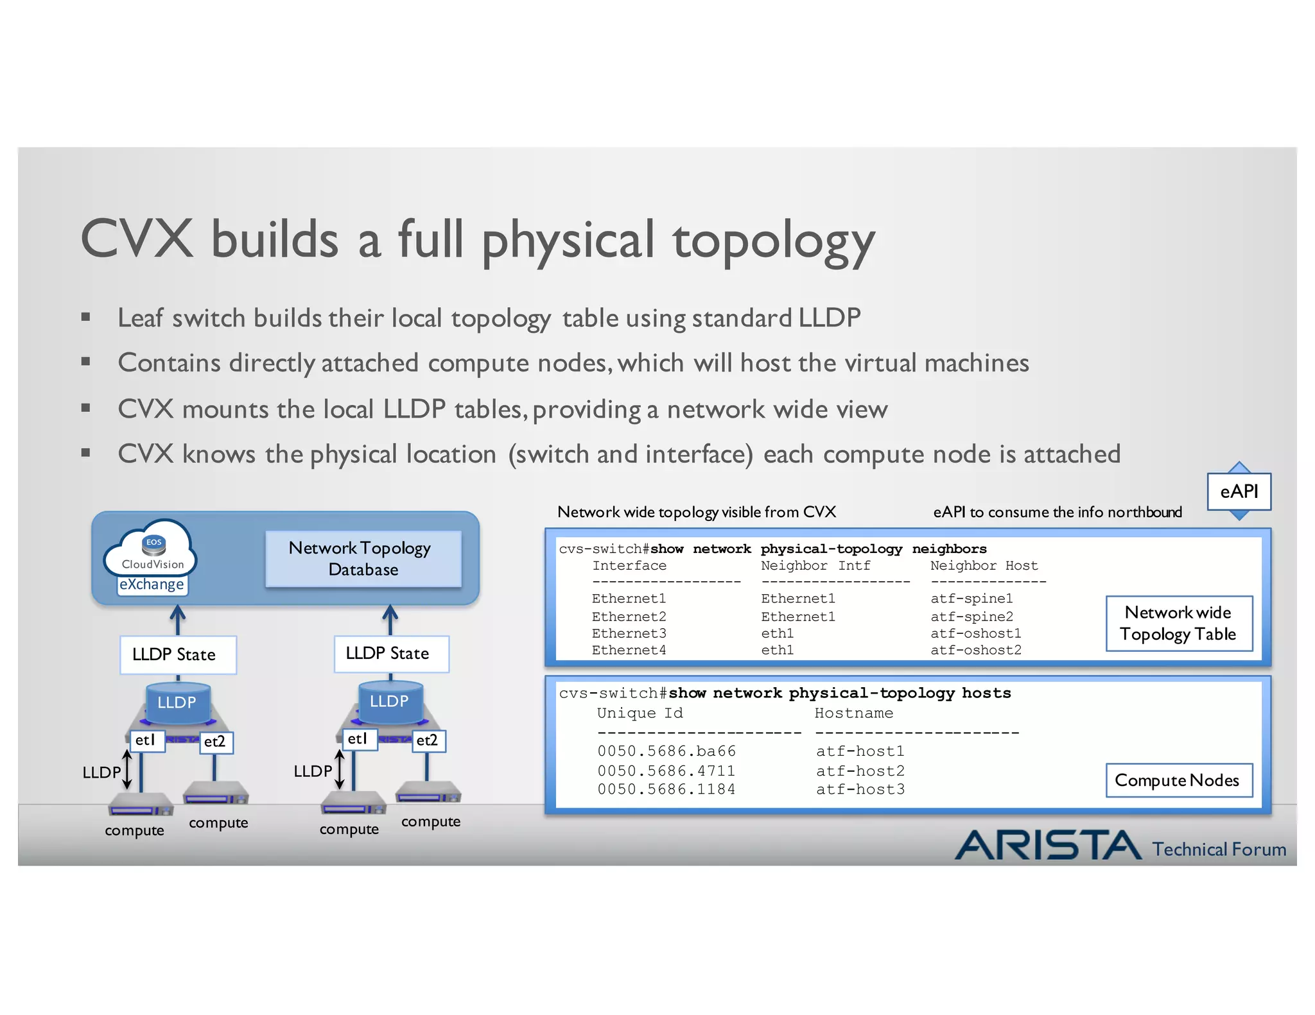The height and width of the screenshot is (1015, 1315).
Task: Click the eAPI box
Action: [x=1239, y=491]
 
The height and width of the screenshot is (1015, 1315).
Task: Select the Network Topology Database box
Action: [x=363, y=558]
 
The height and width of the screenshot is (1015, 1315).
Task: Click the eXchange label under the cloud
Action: [x=152, y=584]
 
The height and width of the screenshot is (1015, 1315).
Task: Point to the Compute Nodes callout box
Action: [x=1178, y=780]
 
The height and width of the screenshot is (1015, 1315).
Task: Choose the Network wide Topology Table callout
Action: [x=1178, y=623]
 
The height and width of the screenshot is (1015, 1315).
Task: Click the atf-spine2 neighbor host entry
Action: [x=971, y=617]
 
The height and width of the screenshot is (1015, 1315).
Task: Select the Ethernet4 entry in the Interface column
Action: [x=629, y=651]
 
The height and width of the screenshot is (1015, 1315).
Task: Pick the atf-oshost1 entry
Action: [x=975, y=633]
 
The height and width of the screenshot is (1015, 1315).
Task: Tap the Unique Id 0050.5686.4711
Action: [x=666, y=771]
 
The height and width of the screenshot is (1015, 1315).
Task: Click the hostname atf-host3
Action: [x=860, y=789]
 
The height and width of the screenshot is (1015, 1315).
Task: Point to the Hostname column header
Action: [x=853, y=713]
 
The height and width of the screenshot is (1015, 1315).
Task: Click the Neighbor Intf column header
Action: [x=815, y=566]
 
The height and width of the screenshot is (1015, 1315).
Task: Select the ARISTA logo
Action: [x=1048, y=845]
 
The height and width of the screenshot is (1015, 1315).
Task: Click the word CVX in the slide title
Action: [x=137, y=239]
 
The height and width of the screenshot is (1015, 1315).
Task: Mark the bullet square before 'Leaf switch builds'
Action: [x=85, y=316]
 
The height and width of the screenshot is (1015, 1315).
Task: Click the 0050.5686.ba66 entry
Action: [x=666, y=751]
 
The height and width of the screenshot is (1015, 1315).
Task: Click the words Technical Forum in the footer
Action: [x=1219, y=849]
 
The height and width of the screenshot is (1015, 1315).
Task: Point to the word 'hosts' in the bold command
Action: [x=986, y=693]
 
